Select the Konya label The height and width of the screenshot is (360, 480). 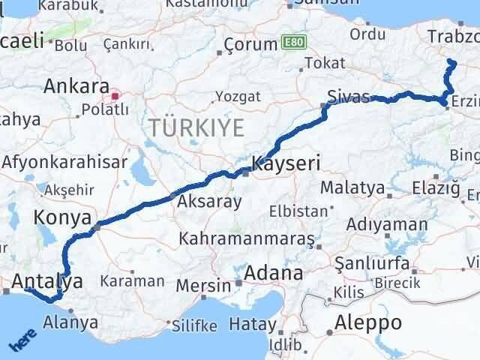tap(62, 217)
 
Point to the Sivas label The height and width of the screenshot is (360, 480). tap(349, 97)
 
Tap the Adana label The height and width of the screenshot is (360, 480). tap(271, 272)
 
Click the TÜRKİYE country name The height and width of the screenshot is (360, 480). tap(196, 127)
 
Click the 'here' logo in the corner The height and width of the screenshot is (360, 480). tap(22, 341)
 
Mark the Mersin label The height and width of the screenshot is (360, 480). tap(204, 286)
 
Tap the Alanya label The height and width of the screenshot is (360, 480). tap(71, 323)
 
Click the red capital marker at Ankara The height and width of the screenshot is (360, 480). tap(115, 96)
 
